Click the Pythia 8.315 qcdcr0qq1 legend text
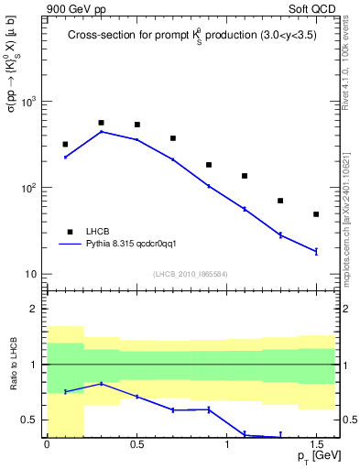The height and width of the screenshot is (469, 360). click(136, 245)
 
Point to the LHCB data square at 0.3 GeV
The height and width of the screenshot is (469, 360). click(101, 123)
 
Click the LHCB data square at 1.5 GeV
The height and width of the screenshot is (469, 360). click(316, 214)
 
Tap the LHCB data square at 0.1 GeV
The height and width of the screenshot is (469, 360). click(65, 144)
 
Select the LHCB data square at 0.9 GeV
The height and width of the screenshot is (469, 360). click(209, 165)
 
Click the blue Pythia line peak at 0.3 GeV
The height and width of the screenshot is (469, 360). click(101, 132)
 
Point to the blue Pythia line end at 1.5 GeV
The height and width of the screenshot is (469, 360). click(316, 251)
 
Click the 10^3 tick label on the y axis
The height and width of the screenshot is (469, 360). click(29, 102)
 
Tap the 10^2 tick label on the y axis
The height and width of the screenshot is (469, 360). click(29, 188)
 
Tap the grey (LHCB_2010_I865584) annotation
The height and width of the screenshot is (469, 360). click(190, 274)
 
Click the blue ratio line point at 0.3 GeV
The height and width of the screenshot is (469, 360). click(101, 384)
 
